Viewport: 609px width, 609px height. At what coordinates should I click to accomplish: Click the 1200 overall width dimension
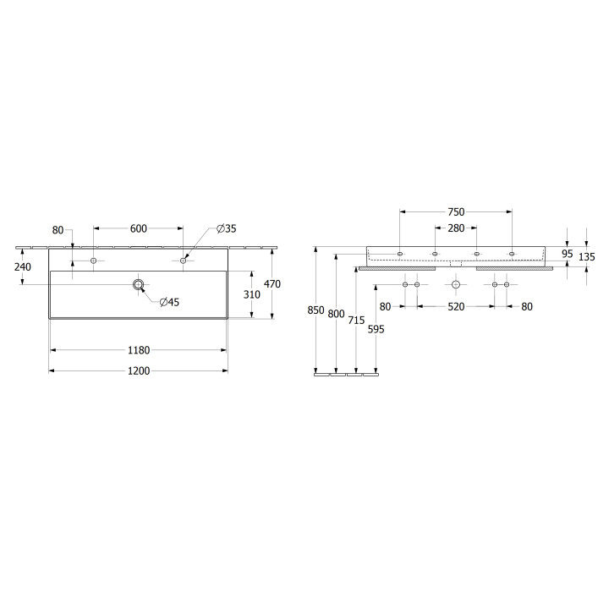pyautogui.click(x=139, y=371)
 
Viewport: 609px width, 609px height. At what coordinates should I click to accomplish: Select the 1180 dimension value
pyautogui.click(x=139, y=350)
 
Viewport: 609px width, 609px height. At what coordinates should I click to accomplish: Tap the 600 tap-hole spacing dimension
pyautogui.click(x=138, y=228)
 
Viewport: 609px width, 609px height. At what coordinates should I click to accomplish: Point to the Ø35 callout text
pyautogui.click(x=227, y=228)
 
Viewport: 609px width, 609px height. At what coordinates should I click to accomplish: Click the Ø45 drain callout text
pyautogui.click(x=169, y=302)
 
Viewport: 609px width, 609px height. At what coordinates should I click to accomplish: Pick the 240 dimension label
pyautogui.click(x=23, y=266)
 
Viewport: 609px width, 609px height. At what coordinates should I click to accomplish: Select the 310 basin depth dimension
pyautogui.click(x=252, y=294)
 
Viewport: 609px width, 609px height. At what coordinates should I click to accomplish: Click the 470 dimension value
pyautogui.click(x=272, y=284)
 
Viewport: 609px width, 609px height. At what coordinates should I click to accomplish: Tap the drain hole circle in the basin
pyautogui.click(x=138, y=285)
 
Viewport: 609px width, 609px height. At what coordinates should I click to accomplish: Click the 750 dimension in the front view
pyautogui.click(x=456, y=211)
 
